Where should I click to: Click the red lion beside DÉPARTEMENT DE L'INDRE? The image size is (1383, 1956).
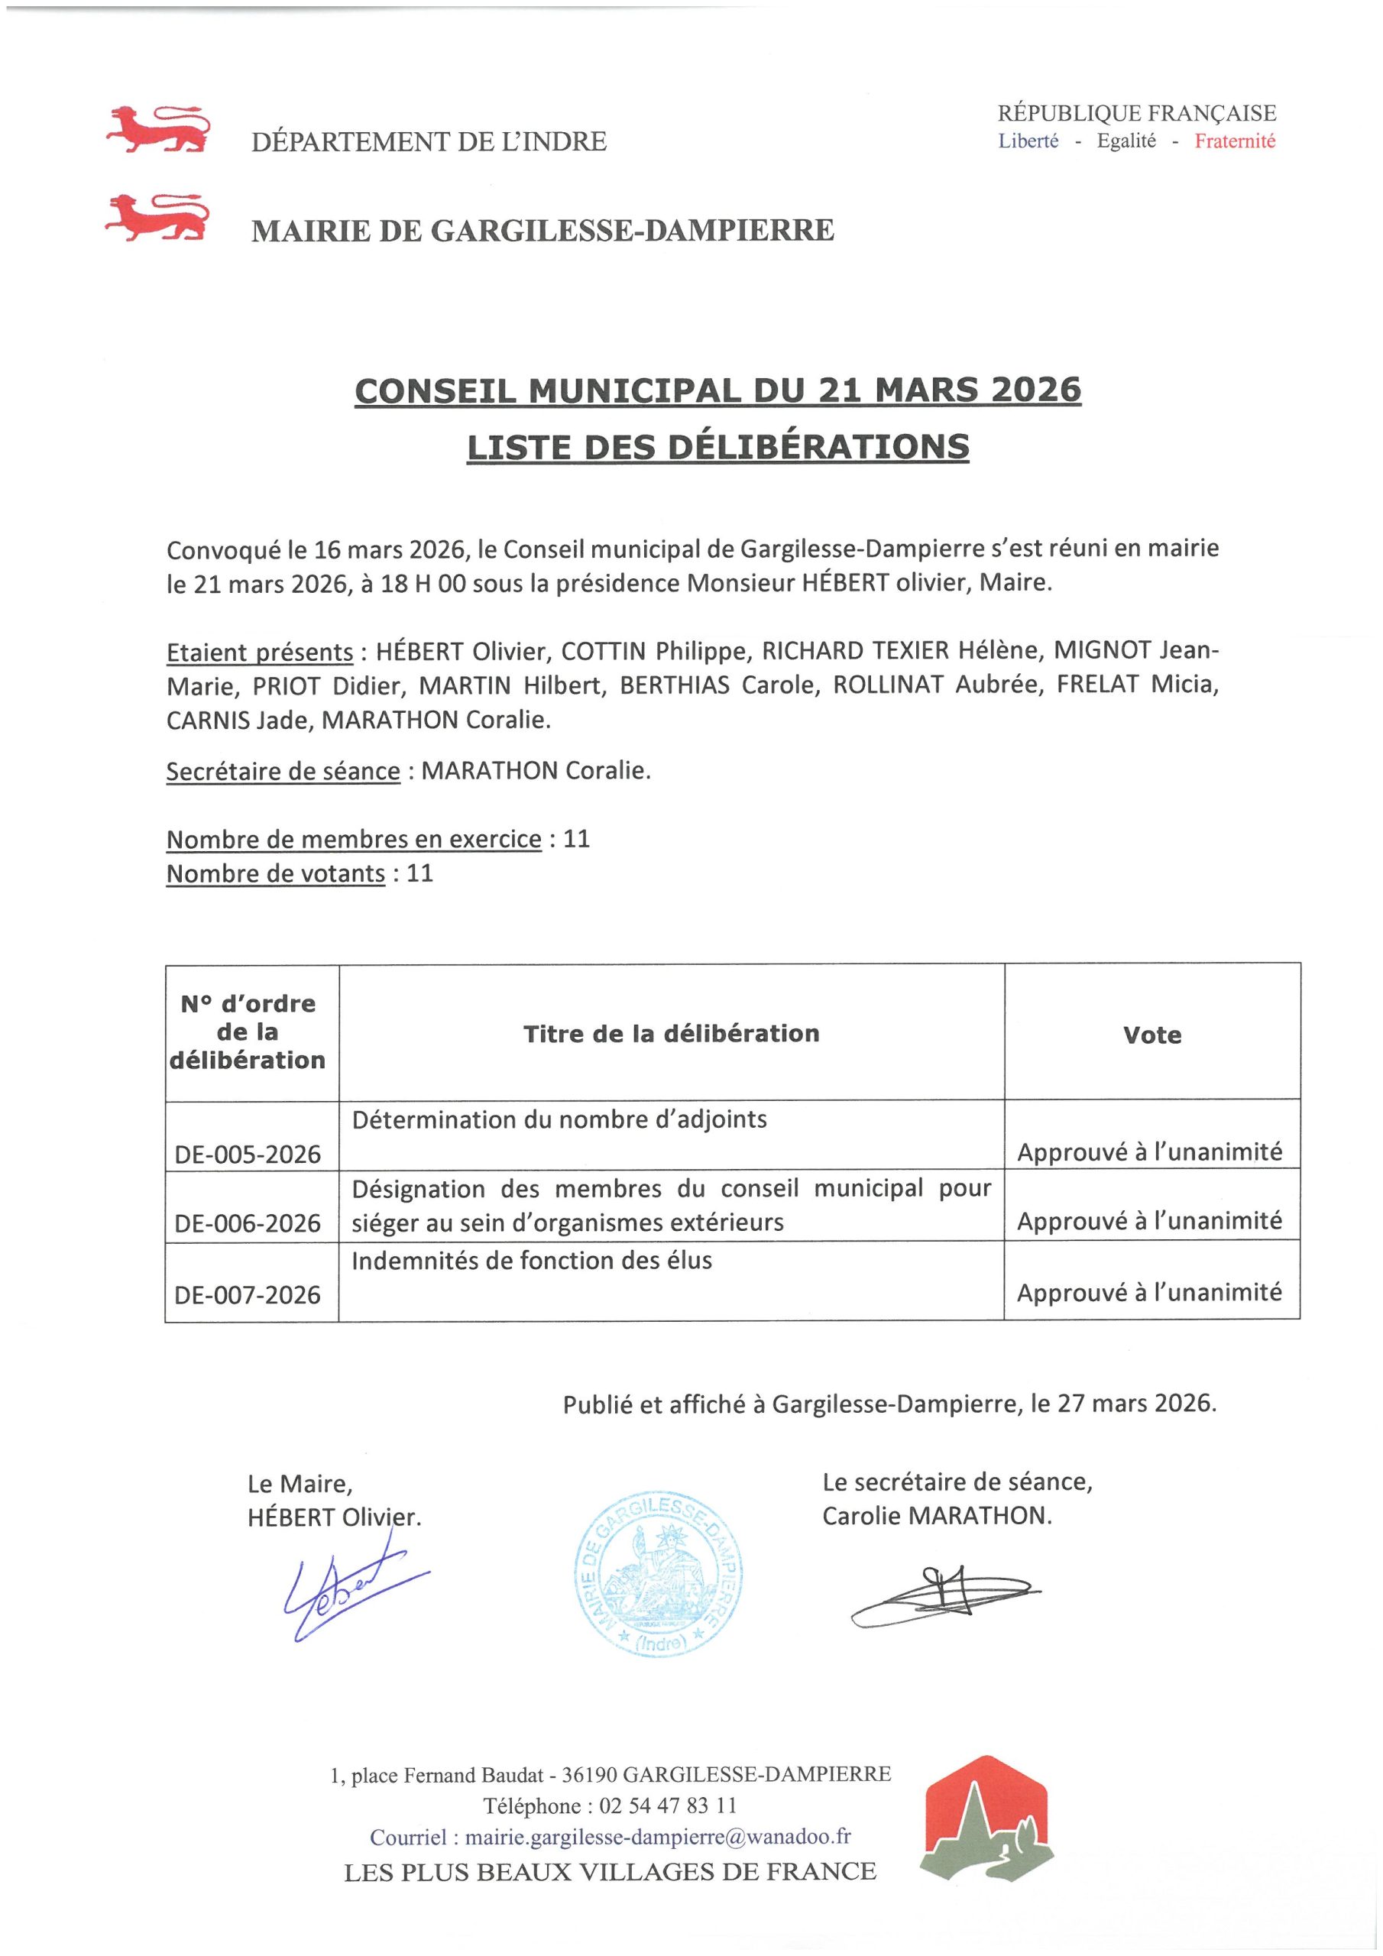(x=157, y=128)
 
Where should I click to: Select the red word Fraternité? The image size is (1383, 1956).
(x=1234, y=141)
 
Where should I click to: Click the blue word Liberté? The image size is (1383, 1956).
(x=1028, y=141)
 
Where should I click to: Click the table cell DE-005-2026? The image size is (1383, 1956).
(x=248, y=1154)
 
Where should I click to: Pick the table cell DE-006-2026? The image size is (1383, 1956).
(x=248, y=1223)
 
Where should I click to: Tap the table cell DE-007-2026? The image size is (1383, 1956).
(x=248, y=1295)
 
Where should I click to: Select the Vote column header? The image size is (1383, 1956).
(x=1151, y=1035)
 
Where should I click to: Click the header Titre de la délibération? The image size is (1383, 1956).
(x=671, y=1033)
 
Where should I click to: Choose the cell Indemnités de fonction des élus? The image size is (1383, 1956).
(x=532, y=1260)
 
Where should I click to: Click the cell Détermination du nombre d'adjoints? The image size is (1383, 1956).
(x=559, y=1119)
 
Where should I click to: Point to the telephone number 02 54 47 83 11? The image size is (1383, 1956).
(x=667, y=1805)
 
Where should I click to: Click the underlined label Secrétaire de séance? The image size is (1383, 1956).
(x=283, y=771)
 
